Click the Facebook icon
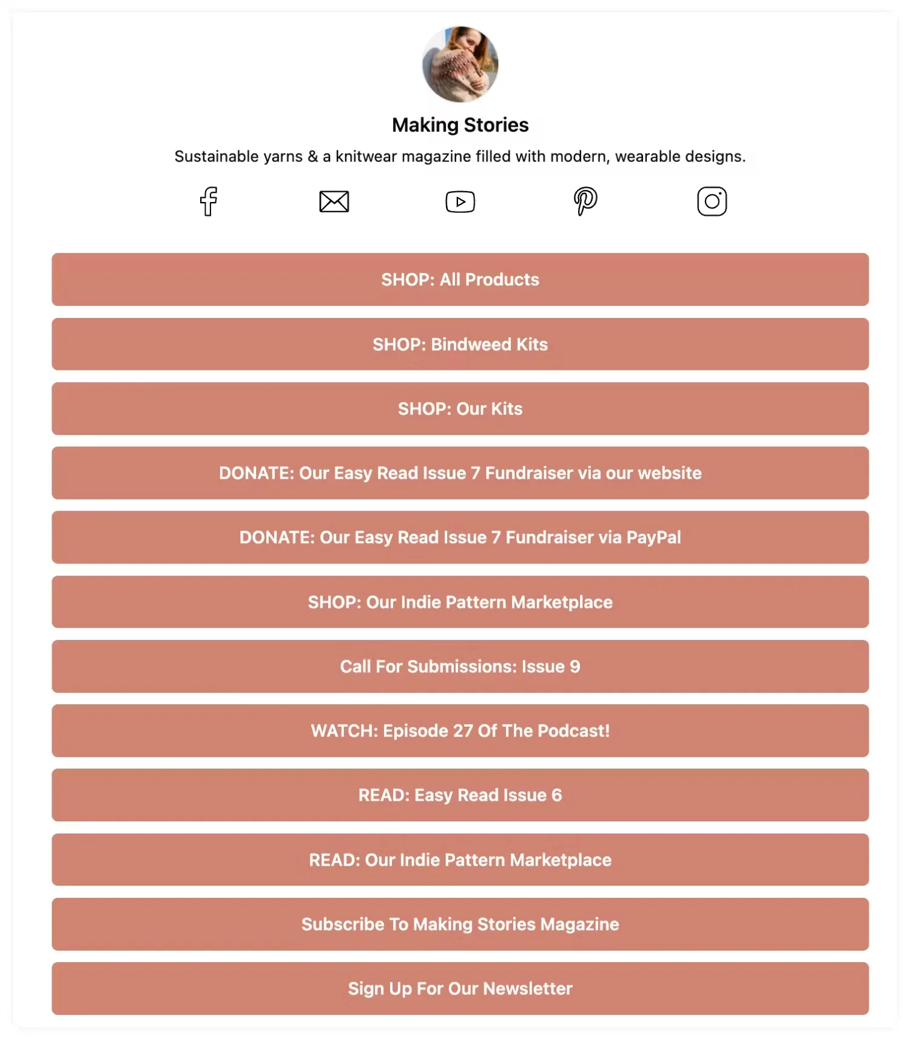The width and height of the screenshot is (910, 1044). coord(209,201)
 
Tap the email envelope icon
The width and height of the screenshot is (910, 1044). coord(334,201)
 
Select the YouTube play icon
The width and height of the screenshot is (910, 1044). coord(460,202)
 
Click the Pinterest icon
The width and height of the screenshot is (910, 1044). coord(585,201)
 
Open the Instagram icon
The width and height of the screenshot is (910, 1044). coord(712,201)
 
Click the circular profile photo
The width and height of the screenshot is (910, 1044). coord(460,64)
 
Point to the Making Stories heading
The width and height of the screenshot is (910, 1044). coord(460,125)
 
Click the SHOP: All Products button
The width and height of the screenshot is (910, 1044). coord(460,280)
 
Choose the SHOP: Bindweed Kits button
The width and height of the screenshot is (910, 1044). coord(460,345)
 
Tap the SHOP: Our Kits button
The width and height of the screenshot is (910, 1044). coord(460,409)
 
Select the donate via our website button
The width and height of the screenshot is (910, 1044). coord(460,473)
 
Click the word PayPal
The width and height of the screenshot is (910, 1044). coord(653,537)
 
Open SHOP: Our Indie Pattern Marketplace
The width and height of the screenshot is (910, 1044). coord(460,602)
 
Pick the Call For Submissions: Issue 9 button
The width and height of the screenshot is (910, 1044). coord(460,667)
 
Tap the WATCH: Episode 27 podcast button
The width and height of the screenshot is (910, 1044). coord(460,731)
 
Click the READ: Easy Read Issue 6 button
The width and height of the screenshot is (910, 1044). coord(460,795)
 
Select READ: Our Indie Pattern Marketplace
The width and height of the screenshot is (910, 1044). coord(460,860)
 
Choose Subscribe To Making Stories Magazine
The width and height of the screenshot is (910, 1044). coord(460,924)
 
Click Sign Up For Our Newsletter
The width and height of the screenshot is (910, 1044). coord(460,989)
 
